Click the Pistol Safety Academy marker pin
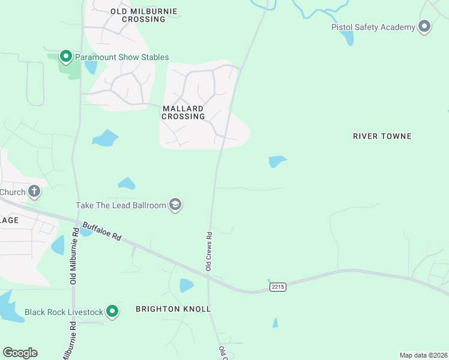425,26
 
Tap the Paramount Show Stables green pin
65,56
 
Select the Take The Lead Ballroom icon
175,205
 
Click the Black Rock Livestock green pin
112,311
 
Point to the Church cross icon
34,192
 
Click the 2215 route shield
277,287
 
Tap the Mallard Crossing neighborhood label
184,112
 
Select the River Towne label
382,136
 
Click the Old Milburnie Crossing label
137,15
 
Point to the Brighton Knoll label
173,309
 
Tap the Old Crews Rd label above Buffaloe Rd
209,251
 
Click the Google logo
20,353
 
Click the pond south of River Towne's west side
277,161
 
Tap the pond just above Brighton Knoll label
187,285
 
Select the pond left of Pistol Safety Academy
347,38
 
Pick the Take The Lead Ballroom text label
121,205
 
